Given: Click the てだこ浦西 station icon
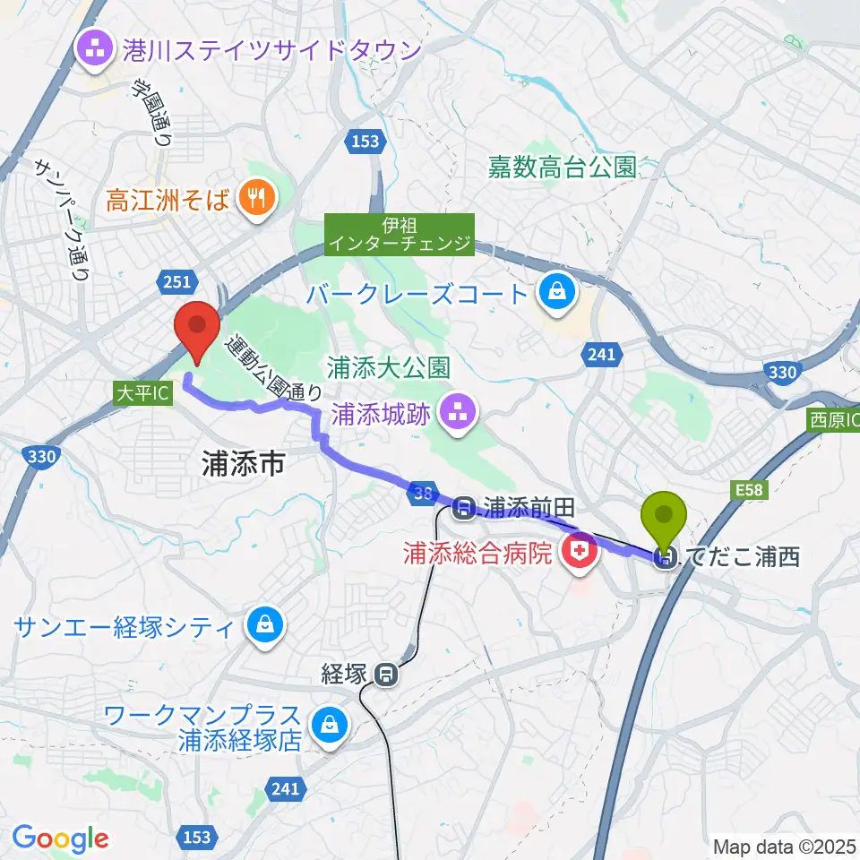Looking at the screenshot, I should (666, 559).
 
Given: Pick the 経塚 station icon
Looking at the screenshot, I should (387, 673).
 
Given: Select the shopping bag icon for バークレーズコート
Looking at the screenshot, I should (557, 293).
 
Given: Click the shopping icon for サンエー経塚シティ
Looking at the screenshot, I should (265, 624).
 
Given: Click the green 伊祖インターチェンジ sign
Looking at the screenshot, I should (399, 234).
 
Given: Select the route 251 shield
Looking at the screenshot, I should (176, 282).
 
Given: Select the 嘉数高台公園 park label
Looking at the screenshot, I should (562, 167).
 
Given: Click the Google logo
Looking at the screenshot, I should (60, 838).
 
